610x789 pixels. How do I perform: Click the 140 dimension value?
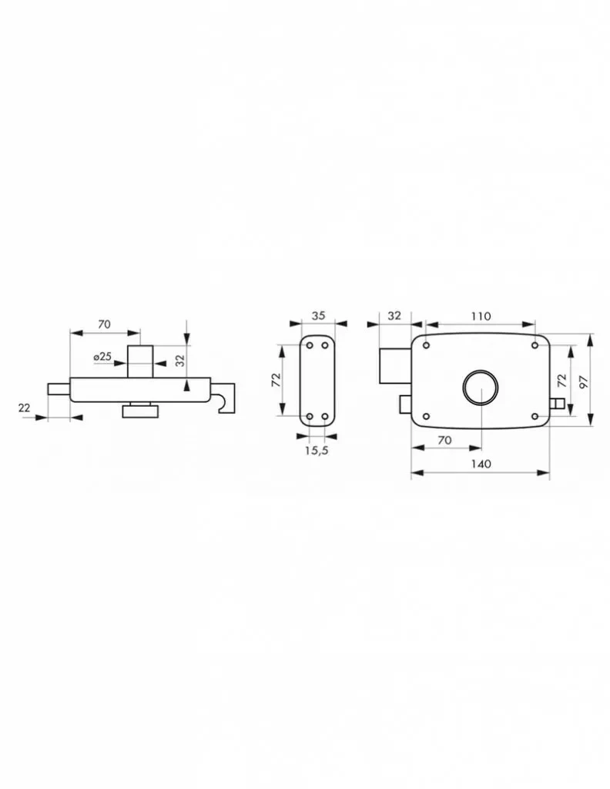(481, 463)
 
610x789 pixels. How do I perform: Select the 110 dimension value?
(481, 317)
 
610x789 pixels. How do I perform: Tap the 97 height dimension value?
(583, 380)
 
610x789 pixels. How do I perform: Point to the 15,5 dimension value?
(317, 450)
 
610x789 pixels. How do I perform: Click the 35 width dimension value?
(318, 315)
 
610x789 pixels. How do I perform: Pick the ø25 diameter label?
(102, 356)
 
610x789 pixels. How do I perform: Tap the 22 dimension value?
(24, 408)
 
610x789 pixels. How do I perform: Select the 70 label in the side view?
(104, 324)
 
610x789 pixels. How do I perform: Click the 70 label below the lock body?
(444, 440)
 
